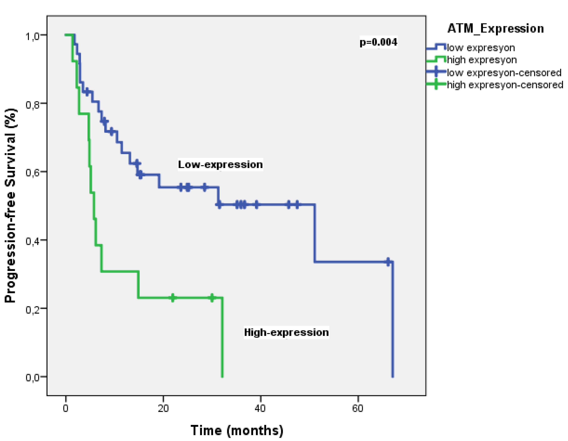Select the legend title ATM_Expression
click(x=495, y=28)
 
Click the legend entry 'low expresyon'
click(x=481, y=48)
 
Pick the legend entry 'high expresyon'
click(x=482, y=60)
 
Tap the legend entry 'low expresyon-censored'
click(x=504, y=73)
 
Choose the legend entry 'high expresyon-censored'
click(x=505, y=85)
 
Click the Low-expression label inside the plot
click(x=220, y=165)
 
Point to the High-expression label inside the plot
click(x=286, y=332)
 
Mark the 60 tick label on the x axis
click(x=358, y=409)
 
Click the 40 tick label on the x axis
click(x=260, y=409)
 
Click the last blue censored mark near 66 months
click(x=388, y=262)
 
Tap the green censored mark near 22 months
click(x=173, y=298)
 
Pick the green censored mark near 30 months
click(x=212, y=298)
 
